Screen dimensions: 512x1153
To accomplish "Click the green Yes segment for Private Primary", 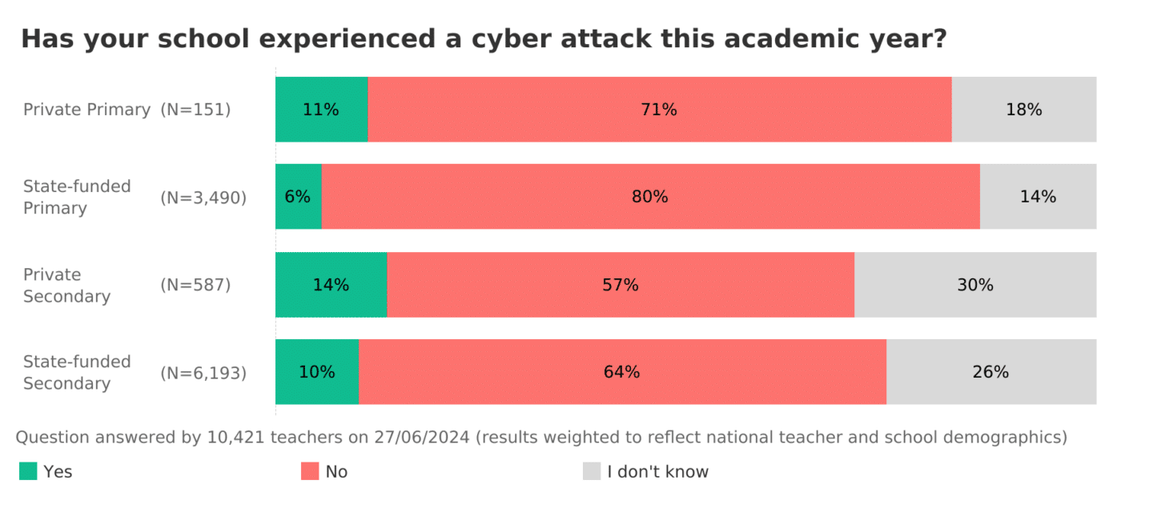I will click(x=321, y=110).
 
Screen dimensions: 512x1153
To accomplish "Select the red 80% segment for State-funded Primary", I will click(x=650, y=197).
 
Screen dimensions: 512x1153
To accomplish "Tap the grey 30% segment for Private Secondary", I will click(x=975, y=285).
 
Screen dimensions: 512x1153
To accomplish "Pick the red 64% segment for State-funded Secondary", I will click(x=622, y=372).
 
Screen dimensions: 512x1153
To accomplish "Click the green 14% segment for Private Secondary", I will click(x=331, y=285).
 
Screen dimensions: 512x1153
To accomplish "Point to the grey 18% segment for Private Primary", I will click(x=1024, y=110).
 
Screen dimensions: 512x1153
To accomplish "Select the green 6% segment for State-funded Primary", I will click(x=298, y=197).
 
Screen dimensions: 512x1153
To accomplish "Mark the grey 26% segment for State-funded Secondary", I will click(x=991, y=372).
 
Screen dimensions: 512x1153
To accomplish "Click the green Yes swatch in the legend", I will click(x=28, y=471).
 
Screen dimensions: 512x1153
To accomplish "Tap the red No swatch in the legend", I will click(x=310, y=471).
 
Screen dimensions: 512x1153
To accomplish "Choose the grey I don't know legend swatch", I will click(x=592, y=471).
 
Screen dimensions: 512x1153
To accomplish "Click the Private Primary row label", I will click(x=86, y=110).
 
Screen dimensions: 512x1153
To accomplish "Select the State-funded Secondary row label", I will click(x=77, y=372).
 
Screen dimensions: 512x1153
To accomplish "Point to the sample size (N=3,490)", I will click(x=203, y=197).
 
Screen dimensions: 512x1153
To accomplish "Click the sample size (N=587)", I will click(x=195, y=285).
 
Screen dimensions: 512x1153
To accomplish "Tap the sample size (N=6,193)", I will click(x=203, y=372).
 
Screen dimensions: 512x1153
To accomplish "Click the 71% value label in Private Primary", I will click(x=659, y=110).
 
